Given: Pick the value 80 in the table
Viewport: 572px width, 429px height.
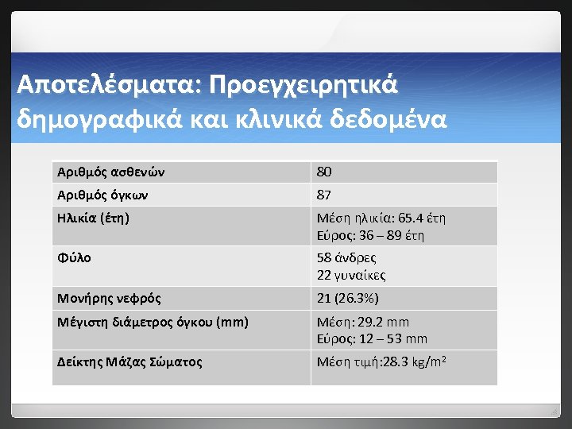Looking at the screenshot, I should tap(324, 172).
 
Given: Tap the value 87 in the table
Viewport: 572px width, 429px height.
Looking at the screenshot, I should tap(324, 195).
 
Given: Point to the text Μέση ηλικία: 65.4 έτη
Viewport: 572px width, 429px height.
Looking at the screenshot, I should tap(381, 218).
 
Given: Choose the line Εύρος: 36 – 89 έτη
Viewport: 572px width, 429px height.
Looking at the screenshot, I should tap(370, 235).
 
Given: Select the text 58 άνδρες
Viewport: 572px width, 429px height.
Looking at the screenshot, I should tap(346, 257).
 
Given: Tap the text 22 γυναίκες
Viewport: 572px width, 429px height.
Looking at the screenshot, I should tap(351, 275).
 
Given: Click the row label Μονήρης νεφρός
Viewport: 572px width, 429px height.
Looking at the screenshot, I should tap(110, 299).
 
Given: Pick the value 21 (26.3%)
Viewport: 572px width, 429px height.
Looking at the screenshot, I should tap(348, 299).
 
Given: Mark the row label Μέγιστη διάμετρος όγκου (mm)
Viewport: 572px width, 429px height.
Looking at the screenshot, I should tap(153, 322).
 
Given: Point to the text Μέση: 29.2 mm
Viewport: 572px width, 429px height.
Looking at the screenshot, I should tap(363, 323).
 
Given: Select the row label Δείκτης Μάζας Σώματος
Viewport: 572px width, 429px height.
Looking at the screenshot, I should tap(129, 362).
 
